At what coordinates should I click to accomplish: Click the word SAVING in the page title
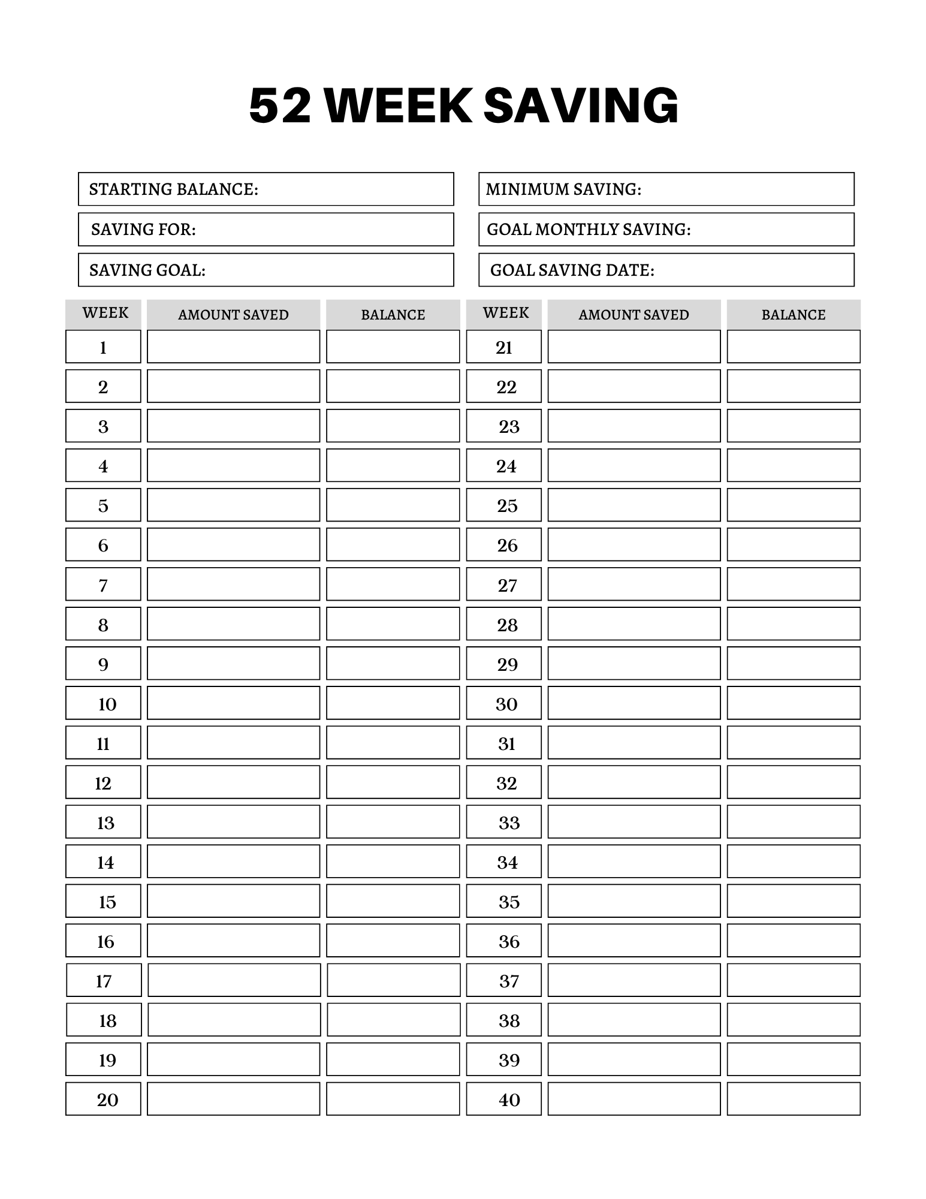580,106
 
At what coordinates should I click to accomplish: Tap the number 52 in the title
280,106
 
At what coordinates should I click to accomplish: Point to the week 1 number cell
103,347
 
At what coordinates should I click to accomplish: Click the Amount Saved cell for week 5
233,505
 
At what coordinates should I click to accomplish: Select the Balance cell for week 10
393,703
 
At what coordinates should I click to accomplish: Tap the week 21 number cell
503,347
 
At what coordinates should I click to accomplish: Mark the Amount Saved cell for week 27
634,584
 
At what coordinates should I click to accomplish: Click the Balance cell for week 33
793,821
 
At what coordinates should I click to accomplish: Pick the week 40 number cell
503,1099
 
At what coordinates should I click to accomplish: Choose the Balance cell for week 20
393,1099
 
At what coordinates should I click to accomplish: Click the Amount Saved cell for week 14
233,861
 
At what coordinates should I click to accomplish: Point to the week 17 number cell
104,980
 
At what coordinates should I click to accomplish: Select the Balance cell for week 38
793,1020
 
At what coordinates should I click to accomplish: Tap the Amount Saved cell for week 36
634,940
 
